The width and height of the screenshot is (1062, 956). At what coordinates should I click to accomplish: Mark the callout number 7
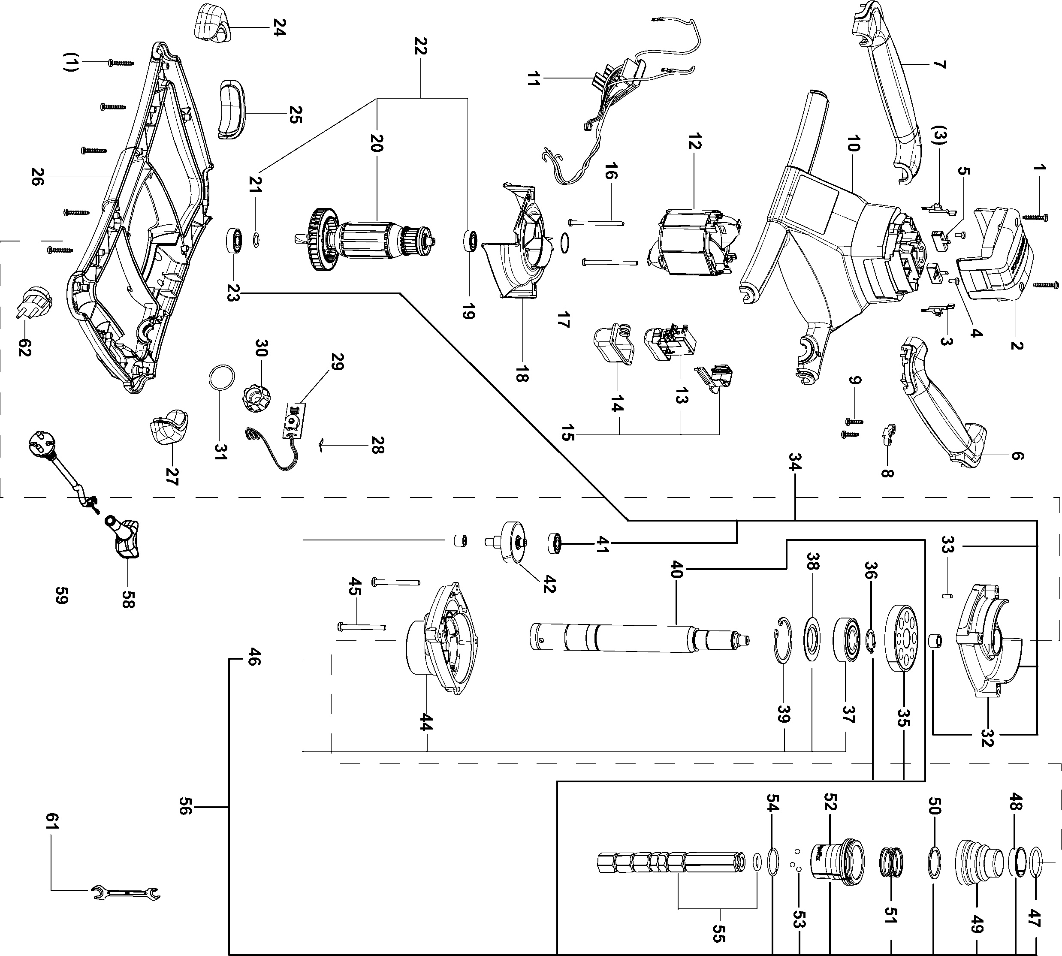click(x=940, y=65)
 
